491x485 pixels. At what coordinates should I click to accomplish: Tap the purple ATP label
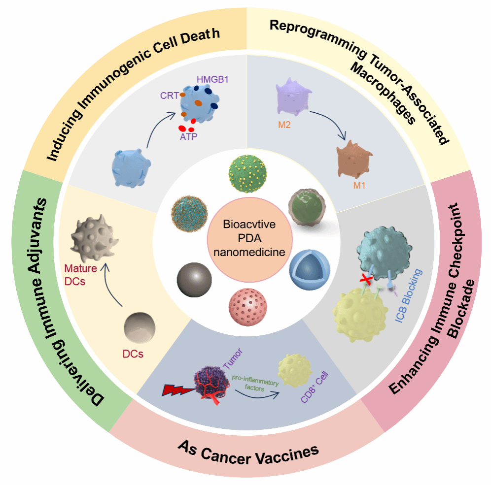pos(188,136)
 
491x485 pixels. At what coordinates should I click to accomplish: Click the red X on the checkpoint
pos(365,279)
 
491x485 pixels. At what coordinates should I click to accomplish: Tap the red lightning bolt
pos(175,389)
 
